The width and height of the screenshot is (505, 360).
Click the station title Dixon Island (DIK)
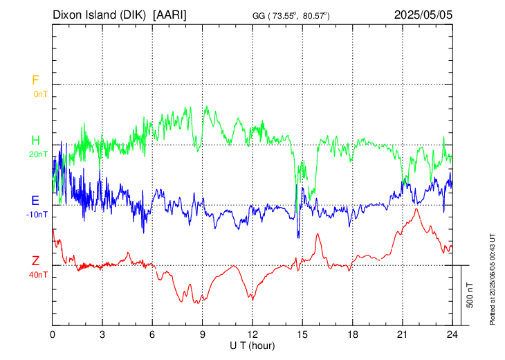(99, 15)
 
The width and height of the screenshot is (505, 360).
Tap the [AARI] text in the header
(169, 15)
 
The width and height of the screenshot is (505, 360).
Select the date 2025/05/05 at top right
(423, 15)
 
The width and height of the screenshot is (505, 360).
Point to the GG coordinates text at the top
(291, 15)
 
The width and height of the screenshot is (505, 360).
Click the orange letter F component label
(35, 80)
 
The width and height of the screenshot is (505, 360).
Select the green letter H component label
(35, 141)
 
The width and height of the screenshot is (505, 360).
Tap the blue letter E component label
(35, 201)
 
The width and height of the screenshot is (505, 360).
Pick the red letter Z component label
(35, 260)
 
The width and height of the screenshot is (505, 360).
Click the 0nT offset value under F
(41, 94)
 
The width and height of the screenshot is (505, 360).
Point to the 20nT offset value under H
(38, 154)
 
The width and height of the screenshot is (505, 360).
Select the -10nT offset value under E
(37, 215)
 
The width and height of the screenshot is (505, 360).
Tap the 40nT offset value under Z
(38, 275)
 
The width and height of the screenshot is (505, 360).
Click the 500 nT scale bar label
(470, 295)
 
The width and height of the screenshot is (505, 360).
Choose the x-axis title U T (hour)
(252, 346)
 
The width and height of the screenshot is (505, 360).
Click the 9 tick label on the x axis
(203, 335)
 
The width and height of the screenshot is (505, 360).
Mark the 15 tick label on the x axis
(302, 335)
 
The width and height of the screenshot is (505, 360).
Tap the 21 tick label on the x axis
(403, 335)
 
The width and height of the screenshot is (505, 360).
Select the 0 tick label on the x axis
(53, 335)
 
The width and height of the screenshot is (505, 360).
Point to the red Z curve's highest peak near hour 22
(416, 209)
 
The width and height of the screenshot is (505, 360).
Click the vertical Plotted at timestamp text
(492, 279)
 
